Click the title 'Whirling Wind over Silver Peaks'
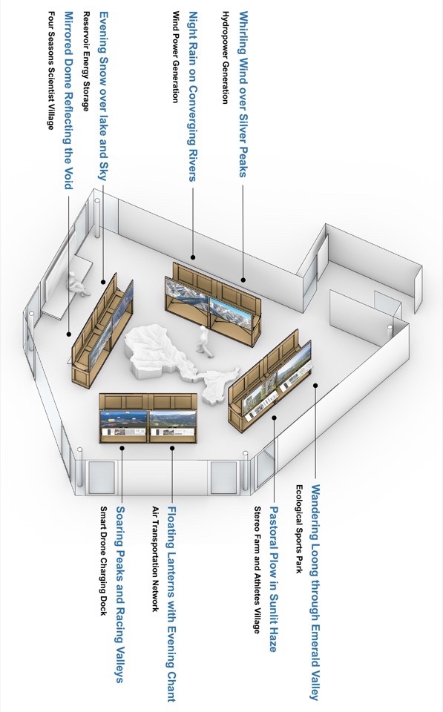click(243, 94)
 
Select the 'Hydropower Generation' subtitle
click(224, 57)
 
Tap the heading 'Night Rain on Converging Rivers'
click(193, 96)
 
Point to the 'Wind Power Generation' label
click(174, 57)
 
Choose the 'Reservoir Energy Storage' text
click(85, 62)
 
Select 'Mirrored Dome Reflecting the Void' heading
click(68, 100)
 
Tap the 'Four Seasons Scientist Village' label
click(51, 70)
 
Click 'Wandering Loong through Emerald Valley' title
click(315, 592)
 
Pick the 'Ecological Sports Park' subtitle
click(299, 529)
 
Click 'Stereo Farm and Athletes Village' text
click(257, 570)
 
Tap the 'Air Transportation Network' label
click(155, 559)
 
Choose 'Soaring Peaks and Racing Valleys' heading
click(120, 594)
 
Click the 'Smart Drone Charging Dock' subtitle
click(104, 561)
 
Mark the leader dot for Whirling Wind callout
click(243, 280)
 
